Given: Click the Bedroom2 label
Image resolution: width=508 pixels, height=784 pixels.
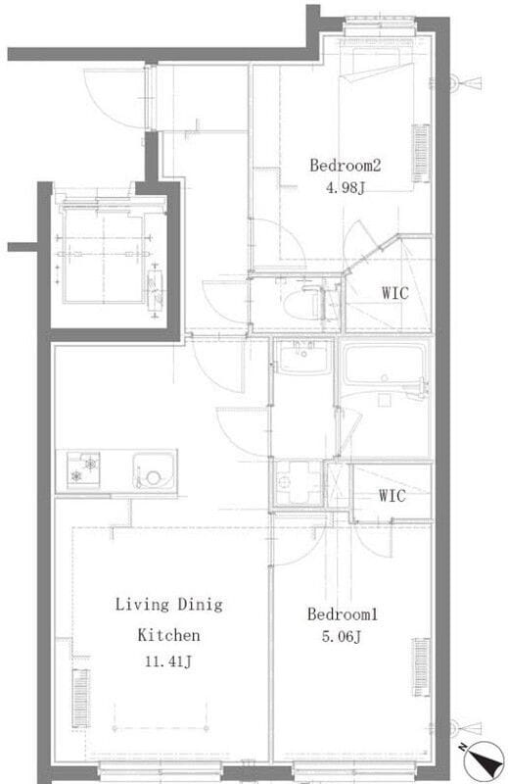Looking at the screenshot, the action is tap(346, 165).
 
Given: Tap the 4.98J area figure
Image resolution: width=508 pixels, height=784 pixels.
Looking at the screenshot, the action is tap(346, 188).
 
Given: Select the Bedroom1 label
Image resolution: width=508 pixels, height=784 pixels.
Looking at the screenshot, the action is tap(343, 614).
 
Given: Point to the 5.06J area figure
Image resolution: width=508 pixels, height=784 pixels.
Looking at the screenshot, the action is tap(342, 636).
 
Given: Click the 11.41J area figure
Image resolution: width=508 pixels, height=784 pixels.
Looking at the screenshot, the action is tap(168, 662).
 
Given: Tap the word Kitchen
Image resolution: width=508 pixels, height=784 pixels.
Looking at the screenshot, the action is tap(168, 635).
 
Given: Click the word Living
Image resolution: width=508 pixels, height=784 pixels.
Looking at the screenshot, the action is tap(142, 605).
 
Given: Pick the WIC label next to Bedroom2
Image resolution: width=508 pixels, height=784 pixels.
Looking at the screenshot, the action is tap(395, 292).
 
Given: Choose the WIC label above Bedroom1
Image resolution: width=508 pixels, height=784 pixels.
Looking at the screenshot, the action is tap(393, 496).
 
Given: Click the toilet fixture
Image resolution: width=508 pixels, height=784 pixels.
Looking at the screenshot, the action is tap(302, 304).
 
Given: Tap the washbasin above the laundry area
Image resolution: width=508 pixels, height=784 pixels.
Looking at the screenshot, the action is tap(303, 357).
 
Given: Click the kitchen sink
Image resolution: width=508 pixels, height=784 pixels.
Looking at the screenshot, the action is tap(155, 471).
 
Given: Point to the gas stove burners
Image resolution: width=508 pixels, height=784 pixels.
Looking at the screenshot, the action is tap(83, 469).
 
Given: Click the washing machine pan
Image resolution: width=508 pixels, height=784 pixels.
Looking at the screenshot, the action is tap(299, 482).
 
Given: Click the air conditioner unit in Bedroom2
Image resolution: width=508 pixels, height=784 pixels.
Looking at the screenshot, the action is tap(421, 154).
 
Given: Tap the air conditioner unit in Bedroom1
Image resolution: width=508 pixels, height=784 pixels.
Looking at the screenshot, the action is tap(421, 667).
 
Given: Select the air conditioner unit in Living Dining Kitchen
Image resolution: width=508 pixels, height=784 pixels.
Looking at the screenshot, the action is tap(80, 698).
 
